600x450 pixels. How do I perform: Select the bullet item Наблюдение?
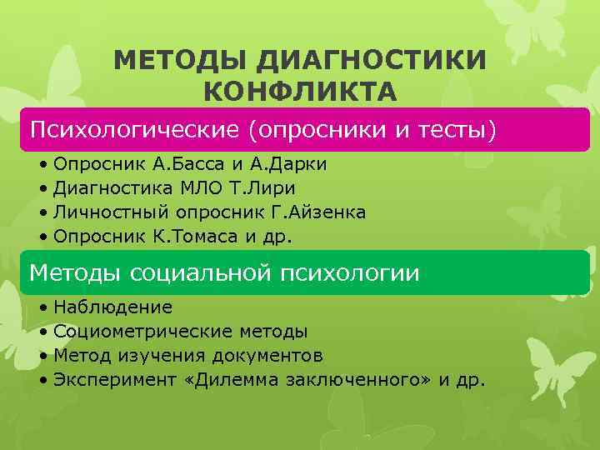pyautogui.click(x=112, y=307)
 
